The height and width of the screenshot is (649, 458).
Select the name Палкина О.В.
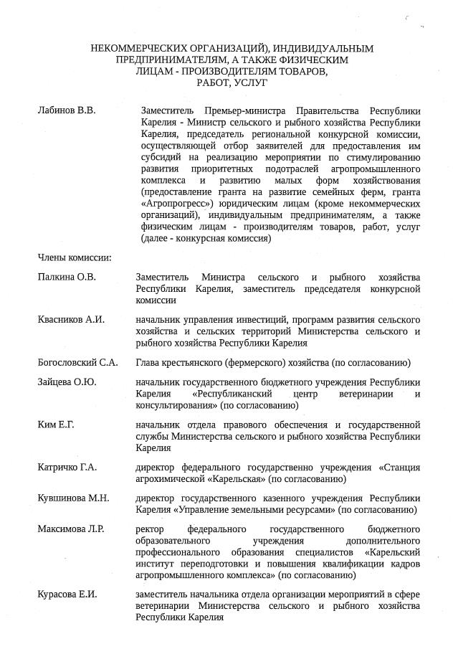point(67,278)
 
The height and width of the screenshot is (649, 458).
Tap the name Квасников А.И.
point(71,319)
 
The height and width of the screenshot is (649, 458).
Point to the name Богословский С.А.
point(77,362)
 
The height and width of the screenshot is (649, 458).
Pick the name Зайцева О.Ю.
point(67,382)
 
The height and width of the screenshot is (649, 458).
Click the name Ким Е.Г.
point(56,425)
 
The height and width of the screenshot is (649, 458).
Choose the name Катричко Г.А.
point(67,468)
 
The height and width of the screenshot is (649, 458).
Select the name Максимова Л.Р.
point(71,529)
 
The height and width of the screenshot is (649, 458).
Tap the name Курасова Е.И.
point(67,594)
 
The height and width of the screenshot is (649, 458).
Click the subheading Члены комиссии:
point(74,257)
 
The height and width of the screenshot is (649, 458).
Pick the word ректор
point(150,529)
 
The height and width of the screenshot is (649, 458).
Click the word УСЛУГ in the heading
point(249,84)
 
